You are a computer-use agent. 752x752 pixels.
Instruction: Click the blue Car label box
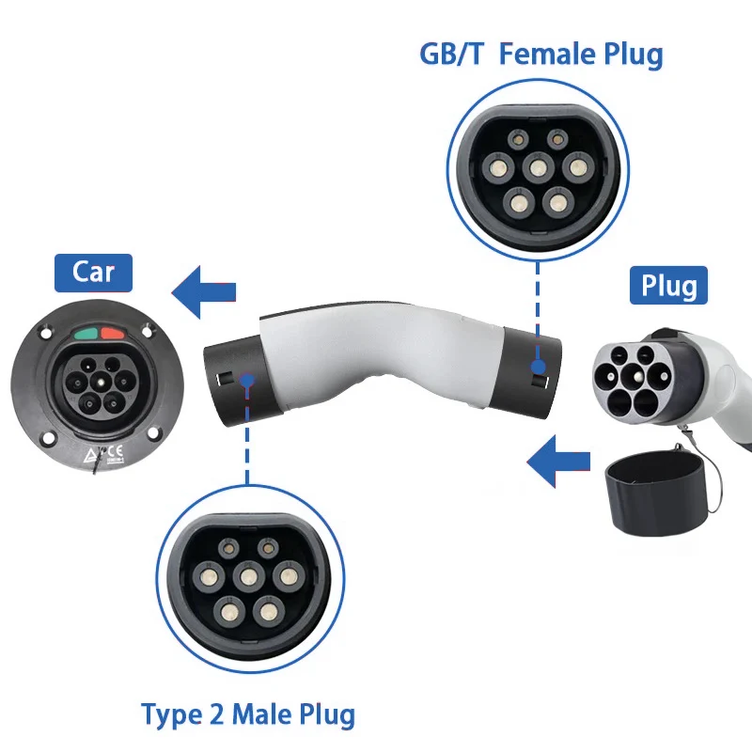pos(93,273)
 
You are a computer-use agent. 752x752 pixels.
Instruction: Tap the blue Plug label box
pos(668,286)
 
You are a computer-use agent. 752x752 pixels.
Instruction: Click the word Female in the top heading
pos(547,54)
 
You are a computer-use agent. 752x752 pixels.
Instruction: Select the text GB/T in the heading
pos(452,54)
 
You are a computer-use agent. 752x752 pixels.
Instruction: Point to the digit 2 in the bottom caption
pos(217,715)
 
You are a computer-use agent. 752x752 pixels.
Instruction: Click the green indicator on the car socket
pos(86,334)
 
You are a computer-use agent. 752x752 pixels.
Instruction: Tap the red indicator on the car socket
pos(112,334)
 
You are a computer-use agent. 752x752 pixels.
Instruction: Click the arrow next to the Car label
pos(204,292)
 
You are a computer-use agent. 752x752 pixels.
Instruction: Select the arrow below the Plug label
pos(558,462)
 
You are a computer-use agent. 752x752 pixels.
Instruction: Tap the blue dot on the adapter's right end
pos(538,368)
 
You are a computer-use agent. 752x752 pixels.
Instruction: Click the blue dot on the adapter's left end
pos(247,382)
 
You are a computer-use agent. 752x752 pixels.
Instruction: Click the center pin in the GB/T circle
pos(538,168)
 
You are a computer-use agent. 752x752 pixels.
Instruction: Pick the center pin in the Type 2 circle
pos(248,576)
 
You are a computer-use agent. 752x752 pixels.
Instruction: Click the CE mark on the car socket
pos(115,452)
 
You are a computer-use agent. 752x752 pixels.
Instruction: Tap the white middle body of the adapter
pos(379,356)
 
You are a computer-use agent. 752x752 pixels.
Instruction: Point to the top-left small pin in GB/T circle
pos(518,140)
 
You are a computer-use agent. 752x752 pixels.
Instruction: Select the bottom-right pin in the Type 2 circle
pos(269,612)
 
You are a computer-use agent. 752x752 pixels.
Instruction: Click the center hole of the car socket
pos(102,383)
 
